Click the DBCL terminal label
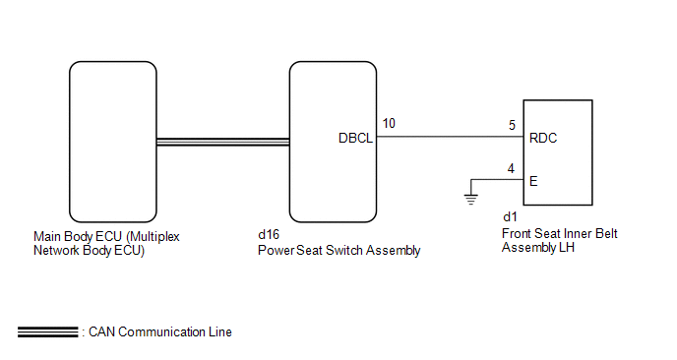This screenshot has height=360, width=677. (x=355, y=138)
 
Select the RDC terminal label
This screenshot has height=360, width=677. (x=543, y=138)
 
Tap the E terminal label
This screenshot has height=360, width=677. (x=533, y=181)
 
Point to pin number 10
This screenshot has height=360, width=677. (x=389, y=124)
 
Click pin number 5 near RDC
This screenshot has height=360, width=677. (x=512, y=125)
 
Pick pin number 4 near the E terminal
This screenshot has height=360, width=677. (x=512, y=168)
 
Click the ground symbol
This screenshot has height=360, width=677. (x=471, y=200)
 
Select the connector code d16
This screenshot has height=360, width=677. (x=269, y=234)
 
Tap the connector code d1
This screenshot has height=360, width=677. (x=510, y=216)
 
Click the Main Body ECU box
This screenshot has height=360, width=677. (x=113, y=142)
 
